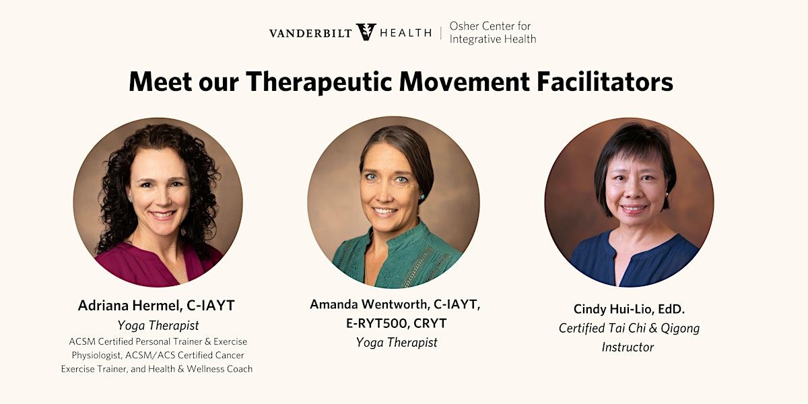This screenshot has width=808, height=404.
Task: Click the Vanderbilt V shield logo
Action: point(366,32)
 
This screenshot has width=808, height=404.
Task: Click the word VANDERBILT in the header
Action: point(310,33)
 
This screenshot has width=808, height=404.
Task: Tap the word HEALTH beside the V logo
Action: point(406,33)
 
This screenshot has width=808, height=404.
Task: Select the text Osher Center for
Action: point(490,26)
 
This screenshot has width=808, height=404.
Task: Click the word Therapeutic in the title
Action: point(319,82)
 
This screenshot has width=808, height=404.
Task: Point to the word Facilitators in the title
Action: point(605,81)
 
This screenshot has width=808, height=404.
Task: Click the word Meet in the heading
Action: point(160,81)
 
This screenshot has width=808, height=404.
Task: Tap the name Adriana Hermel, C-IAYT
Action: point(156,306)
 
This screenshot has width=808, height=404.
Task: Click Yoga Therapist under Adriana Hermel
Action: point(158,325)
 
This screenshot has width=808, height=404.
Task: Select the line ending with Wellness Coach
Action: point(156,369)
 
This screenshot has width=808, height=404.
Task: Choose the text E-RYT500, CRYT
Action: point(396,323)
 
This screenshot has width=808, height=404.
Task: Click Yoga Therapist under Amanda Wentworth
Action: point(397,342)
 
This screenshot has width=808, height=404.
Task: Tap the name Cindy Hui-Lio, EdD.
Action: point(629,309)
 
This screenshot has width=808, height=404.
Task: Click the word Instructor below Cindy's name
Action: point(628,347)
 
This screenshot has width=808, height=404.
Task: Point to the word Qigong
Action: point(679,329)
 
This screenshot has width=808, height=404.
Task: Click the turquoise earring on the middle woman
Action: point(422,197)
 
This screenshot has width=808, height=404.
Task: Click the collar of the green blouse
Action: point(401,234)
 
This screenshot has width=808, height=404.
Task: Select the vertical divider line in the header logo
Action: point(441,33)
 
